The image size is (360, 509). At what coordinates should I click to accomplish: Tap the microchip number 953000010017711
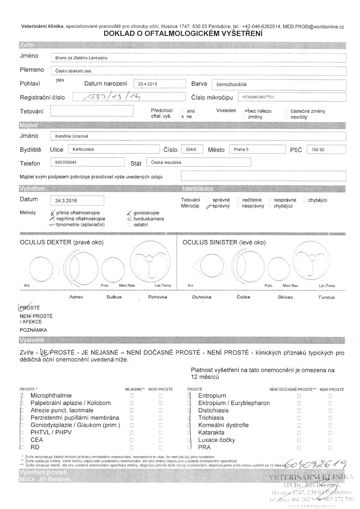pyautogui.click(x=259, y=97)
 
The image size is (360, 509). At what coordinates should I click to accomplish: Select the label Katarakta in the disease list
pyautogui.click(x=211, y=432)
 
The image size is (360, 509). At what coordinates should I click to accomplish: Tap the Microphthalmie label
pyautogui.click(x=51, y=395)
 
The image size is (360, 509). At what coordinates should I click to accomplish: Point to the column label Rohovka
pyautogui.click(x=158, y=297)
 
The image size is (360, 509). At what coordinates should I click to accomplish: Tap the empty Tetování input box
pyautogui.click(x=91, y=111)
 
